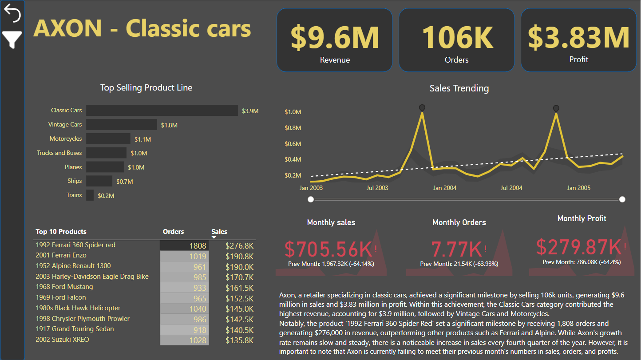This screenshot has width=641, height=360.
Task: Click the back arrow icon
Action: pos(12,14)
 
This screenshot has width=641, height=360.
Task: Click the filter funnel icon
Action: pos(12,40)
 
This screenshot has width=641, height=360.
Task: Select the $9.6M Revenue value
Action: pos(335,37)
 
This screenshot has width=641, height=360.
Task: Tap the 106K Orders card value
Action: pos(456,37)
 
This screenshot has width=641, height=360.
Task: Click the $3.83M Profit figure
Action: pos(578,37)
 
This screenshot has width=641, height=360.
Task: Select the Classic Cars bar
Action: pos(162,111)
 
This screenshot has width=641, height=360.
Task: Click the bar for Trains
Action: pos(90,195)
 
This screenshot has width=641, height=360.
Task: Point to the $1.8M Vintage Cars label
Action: pos(169,125)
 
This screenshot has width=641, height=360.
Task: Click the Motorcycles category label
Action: pos(66,139)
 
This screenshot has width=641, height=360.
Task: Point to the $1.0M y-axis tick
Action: pos(293,112)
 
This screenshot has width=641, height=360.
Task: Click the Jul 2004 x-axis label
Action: pos(511,188)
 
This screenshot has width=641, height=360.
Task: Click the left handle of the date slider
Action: pos(311,199)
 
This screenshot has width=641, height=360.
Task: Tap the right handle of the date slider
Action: pos(622,199)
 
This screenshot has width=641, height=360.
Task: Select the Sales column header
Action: pos(219,232)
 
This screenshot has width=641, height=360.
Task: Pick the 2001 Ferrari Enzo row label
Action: pos(61,255)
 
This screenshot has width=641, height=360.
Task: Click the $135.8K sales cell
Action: pos(239,340)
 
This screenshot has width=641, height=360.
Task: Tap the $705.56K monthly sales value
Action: pos(328,249)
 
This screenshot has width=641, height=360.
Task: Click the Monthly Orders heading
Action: pos(459,222)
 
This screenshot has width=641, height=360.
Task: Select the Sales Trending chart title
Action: pos(459,88)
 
